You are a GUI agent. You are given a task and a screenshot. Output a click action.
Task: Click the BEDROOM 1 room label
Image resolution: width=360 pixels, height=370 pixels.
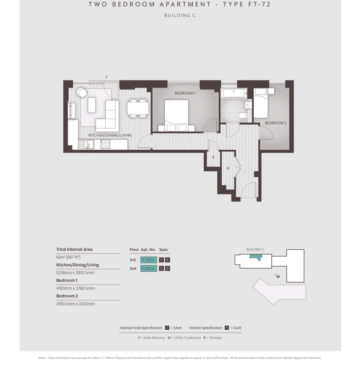point(185,93)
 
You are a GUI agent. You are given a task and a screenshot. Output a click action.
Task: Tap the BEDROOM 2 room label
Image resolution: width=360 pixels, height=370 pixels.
point(276,123)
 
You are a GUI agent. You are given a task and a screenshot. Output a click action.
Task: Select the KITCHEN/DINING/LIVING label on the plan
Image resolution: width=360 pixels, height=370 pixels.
point(110,135)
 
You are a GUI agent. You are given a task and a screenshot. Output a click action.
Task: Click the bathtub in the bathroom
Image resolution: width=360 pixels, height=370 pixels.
point(234,93)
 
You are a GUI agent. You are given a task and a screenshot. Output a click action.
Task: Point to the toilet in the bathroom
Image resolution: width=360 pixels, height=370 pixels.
point(243,115)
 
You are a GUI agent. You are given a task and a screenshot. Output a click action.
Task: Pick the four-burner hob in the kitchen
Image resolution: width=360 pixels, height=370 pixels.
point(105,144)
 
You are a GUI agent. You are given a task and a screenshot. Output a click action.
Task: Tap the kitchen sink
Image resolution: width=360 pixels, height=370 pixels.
point(86,144)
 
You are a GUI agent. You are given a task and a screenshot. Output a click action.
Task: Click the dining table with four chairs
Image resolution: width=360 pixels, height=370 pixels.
point(138,108)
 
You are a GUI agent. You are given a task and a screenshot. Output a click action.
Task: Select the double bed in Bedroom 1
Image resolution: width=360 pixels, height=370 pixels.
point(176,115)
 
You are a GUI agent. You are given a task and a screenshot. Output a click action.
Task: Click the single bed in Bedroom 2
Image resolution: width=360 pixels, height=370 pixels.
point(261,103)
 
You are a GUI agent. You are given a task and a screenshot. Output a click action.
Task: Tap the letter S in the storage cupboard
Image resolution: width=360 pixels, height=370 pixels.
point(213,157)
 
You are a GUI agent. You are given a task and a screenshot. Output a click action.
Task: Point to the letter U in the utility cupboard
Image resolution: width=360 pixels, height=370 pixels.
point(228,168)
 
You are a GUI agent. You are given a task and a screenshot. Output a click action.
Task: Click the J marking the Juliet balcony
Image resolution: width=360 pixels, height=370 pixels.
point(106,77)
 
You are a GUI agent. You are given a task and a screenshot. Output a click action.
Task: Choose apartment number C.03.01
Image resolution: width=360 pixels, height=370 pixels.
point(148,260)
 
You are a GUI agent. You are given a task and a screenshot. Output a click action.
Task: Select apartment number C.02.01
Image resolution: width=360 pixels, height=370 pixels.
point(148,268)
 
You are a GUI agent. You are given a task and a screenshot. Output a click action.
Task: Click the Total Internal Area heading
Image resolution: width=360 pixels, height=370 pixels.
point(74,249)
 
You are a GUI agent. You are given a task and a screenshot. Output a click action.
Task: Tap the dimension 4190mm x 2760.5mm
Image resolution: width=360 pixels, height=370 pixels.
point(76,288)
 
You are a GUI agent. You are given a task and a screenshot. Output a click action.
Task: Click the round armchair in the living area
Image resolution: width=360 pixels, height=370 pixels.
point(82,92)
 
